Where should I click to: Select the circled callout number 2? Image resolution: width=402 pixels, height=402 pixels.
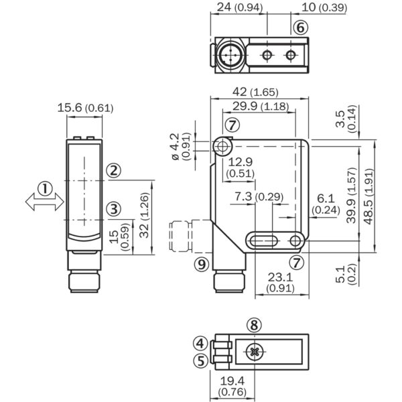point(115,170)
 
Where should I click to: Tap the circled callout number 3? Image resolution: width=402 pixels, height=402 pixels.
point(115,208)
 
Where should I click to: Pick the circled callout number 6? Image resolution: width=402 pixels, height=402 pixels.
point(300,27)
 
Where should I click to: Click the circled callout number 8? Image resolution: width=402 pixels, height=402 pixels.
point(253,325)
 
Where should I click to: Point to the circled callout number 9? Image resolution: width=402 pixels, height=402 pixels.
point(200,263)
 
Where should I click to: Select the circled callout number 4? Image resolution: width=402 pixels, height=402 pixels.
point(199,344)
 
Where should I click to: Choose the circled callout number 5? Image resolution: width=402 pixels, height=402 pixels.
point(199,360)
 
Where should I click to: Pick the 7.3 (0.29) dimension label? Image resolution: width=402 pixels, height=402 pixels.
point(260,196)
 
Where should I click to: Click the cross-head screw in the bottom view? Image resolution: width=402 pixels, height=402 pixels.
point(253,351)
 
